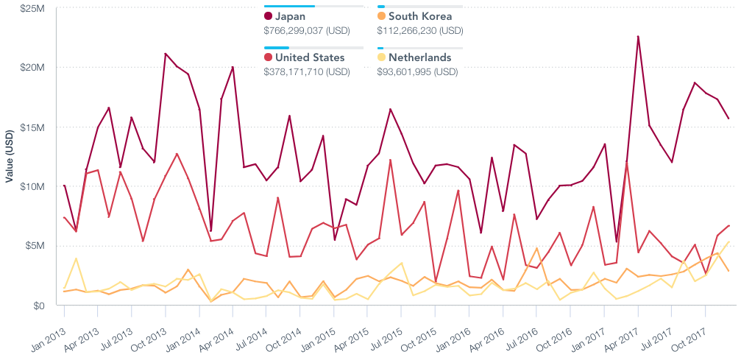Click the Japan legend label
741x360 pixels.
[x=290, y=16]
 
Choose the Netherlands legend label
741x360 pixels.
[x=420, y=57]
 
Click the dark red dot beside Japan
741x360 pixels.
[x=268, y=16]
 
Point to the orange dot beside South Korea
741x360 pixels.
[x=381, y=16]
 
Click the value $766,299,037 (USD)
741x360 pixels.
[x=307, y=31]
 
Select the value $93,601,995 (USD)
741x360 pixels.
[x=417, y=72]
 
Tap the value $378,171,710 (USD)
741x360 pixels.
[x=307, y=72]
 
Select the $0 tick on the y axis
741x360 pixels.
[x=38, y=306]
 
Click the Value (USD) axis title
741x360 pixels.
[x=9, y=157]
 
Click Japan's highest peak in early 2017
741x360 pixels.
[x=638, y=36]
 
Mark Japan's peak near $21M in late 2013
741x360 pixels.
[x=166, y=54]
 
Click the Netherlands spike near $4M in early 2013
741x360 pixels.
[x=76, y=258]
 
